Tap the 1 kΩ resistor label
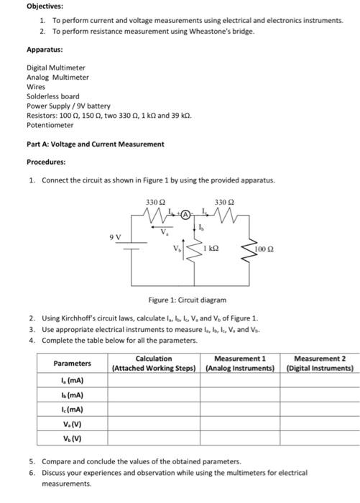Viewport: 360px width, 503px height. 211,249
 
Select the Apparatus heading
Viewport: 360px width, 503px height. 45,50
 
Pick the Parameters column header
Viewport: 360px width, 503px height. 72,363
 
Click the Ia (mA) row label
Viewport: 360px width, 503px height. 72,382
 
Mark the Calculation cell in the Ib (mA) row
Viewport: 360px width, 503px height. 154,395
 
